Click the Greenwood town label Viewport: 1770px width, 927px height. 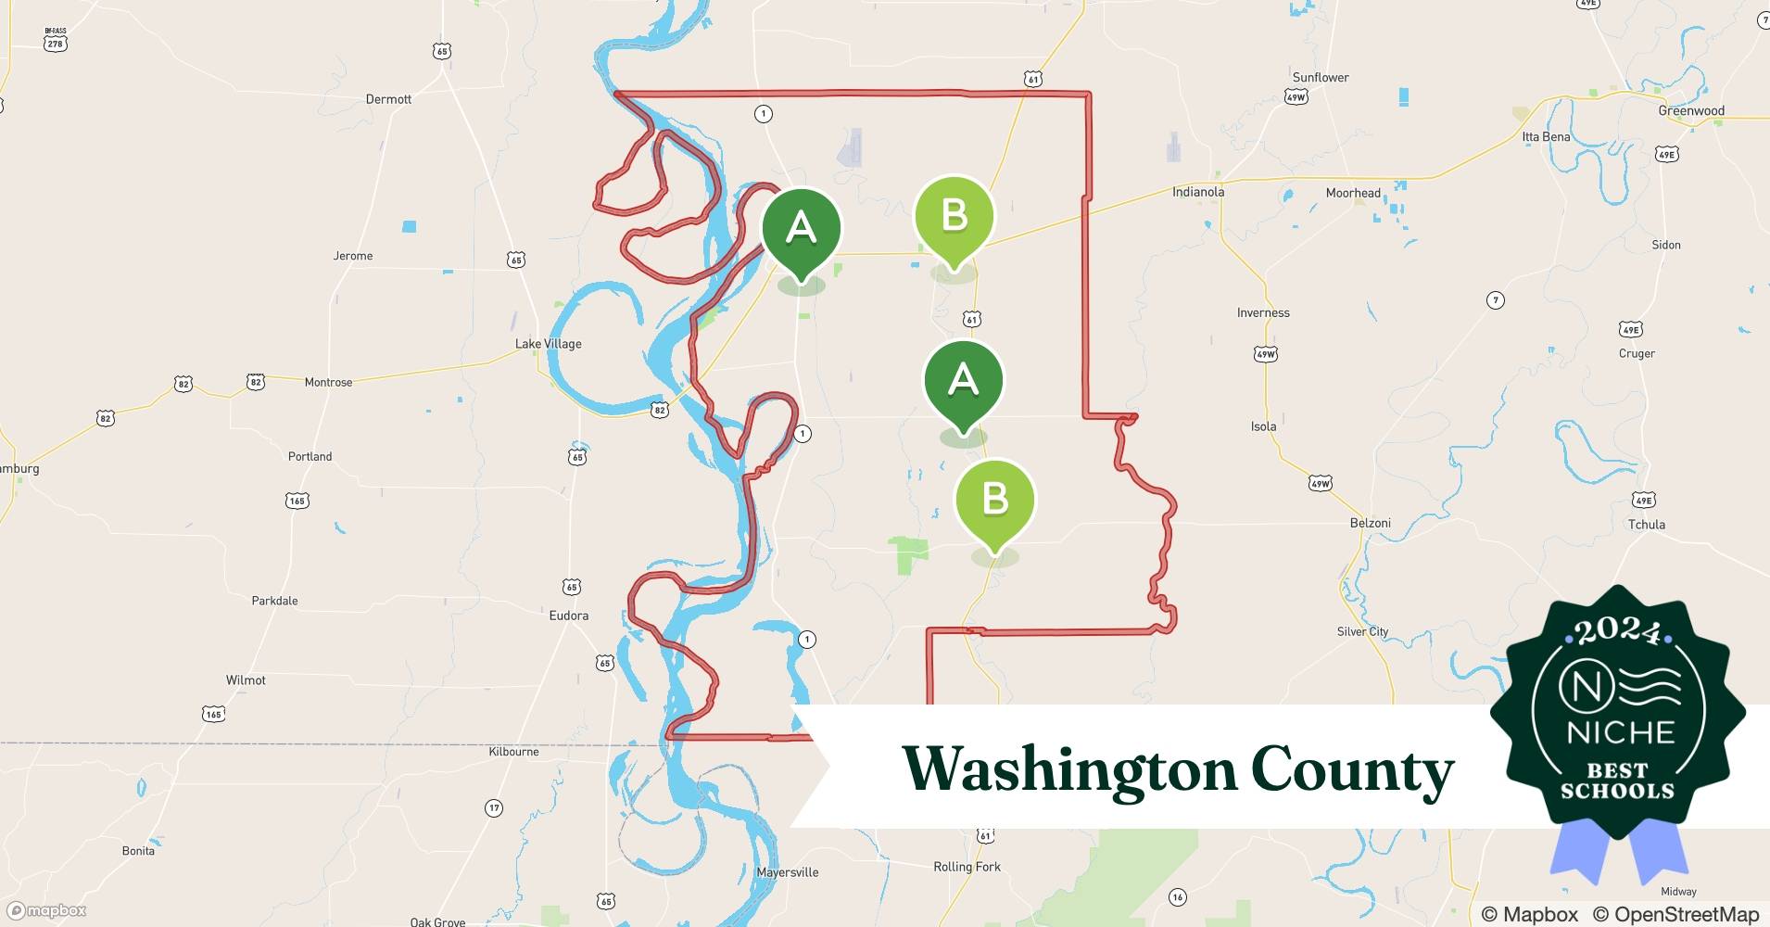[1691, 111]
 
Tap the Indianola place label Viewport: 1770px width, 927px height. [1198, 192]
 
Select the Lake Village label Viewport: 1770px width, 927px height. [548, 344]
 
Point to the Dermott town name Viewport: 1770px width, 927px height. [388, 99]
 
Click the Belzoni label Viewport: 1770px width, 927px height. [1370, 523]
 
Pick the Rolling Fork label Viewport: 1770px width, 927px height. [967, 867]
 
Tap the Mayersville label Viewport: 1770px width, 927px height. [787, 872]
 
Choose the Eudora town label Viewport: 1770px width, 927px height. [568, 616]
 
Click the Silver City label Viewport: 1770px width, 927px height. [1362, 631]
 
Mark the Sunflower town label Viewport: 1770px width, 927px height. [1321, 78]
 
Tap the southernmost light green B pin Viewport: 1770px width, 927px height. [994, 501]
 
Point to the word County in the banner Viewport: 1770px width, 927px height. [1352, 769]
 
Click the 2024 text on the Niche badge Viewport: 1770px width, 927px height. [1617, 632]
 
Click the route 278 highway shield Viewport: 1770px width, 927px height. [56, 43]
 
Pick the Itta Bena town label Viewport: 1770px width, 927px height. [1546, 137]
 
